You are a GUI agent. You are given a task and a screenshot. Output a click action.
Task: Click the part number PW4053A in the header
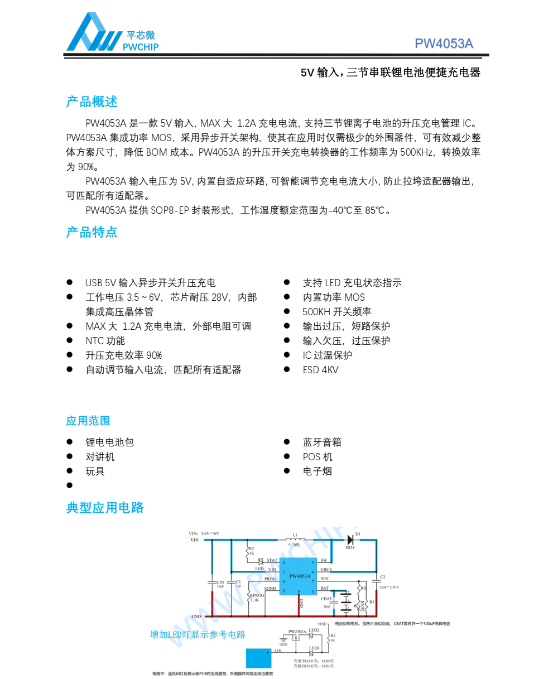click(444, 44)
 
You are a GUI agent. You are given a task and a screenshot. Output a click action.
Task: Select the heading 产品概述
click(92, 102)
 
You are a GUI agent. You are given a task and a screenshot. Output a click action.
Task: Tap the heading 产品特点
click(92, 233)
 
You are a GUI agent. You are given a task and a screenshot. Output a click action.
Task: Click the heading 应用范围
click(88, 421)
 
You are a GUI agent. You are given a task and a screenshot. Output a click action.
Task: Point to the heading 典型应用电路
click(105, 508)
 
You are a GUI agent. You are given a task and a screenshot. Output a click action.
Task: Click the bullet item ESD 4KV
click(320, 370)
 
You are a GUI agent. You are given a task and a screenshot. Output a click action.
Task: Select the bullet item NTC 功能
click(105, 341)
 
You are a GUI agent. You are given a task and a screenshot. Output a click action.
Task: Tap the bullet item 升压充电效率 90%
click(123, 355)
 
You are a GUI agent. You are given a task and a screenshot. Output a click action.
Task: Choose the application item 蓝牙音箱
click(322, 442)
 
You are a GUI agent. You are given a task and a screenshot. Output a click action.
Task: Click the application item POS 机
click(318, 457)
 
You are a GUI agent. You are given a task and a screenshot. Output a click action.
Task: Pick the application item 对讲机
click(100, 457)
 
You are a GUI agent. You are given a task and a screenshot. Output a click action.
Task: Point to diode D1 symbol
click(350, 540)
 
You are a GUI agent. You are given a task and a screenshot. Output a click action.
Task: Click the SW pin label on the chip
click(324, 560)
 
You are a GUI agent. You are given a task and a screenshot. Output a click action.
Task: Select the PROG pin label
click(270, 579)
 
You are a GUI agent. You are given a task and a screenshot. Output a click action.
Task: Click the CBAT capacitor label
click(326, 599)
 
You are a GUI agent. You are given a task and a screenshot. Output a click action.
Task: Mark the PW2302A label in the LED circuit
click(297, 632)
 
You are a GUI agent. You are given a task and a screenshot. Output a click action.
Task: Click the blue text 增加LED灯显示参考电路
click(198, 634)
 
